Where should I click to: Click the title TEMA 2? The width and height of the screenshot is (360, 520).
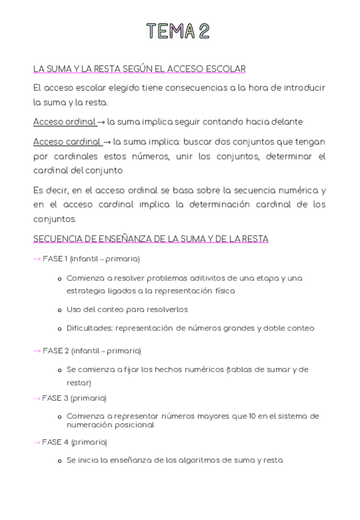pos(178,31)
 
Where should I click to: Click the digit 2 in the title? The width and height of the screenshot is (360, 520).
pos(204,31)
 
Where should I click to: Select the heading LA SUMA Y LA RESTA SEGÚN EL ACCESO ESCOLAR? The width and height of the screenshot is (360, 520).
pos(139,69)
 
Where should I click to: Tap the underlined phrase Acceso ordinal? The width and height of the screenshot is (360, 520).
pos(64,122)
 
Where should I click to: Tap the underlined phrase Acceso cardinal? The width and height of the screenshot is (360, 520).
pos(67,142)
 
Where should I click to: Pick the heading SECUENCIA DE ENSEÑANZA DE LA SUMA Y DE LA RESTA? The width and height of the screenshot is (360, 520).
pos(151,239)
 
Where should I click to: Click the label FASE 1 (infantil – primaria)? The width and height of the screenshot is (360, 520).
pos(91,259)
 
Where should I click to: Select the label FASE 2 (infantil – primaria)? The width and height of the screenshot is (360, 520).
pos(92,351)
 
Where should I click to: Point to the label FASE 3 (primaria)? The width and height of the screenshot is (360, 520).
pos(74,398)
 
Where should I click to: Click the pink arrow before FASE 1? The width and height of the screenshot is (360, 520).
pos(37,259)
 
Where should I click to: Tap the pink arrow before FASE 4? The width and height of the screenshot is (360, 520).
pos(37,442)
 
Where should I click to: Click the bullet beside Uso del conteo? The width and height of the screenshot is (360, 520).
pos(59,310)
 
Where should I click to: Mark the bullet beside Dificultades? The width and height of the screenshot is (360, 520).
pos(59,329)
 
